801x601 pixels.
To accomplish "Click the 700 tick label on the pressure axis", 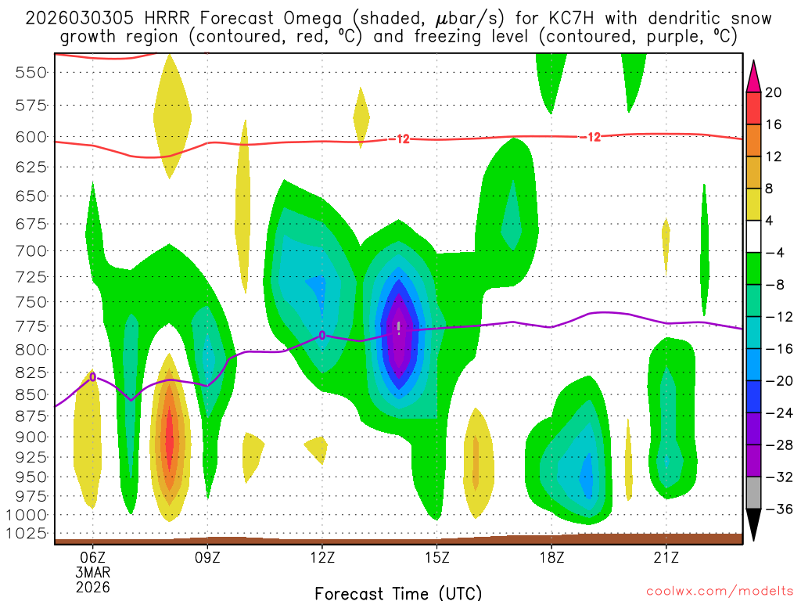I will [31, 251].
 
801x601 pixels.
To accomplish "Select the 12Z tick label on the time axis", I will [322, 558].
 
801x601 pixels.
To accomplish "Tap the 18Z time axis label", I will [551, 558].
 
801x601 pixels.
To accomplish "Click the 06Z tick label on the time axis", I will [93, 558].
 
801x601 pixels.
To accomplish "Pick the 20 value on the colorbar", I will [774, 93].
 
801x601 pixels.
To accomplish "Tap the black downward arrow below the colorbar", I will [754, 525].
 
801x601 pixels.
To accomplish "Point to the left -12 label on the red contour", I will [402, 139].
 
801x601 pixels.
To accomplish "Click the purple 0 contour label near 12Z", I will [322, 335].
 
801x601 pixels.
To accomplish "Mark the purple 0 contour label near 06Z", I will [93, 376].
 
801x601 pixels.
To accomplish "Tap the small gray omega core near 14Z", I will [399, 326].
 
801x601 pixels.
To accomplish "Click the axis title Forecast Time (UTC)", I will [398, 592].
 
